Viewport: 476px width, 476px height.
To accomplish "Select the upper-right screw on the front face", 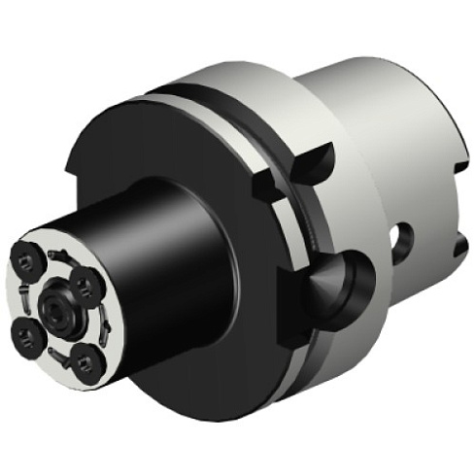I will pyautogui.click(x=85, y=283).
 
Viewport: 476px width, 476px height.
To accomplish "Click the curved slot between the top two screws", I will pyautogui.click(x=58, y=260).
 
